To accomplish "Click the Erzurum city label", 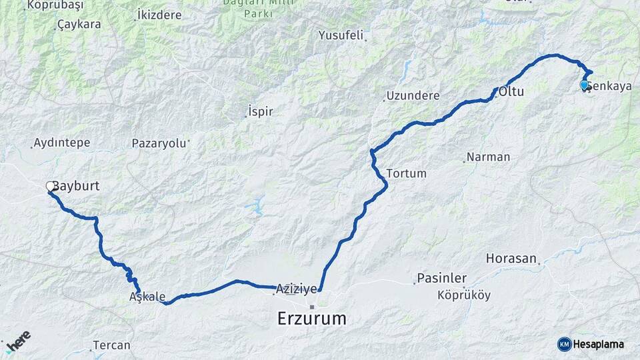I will click(312, 319).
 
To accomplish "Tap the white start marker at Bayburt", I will click(51, 186).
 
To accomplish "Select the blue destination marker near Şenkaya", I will click(584, 85).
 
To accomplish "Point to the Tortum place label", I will click(406, 173).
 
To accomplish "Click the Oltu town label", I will click(512, 91).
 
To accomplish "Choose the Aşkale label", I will click(147, 297).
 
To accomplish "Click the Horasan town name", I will click(511, 258).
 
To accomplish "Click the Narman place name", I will click(489, 157).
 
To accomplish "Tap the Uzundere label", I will click(413, 96).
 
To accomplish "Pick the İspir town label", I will click(260, 111).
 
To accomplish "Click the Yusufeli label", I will click(341, 35).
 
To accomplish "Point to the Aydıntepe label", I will click(61, 143).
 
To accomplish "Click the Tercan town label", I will click(111, 345).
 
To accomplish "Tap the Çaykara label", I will click(79, 25).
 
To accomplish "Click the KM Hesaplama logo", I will click(591, 344).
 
